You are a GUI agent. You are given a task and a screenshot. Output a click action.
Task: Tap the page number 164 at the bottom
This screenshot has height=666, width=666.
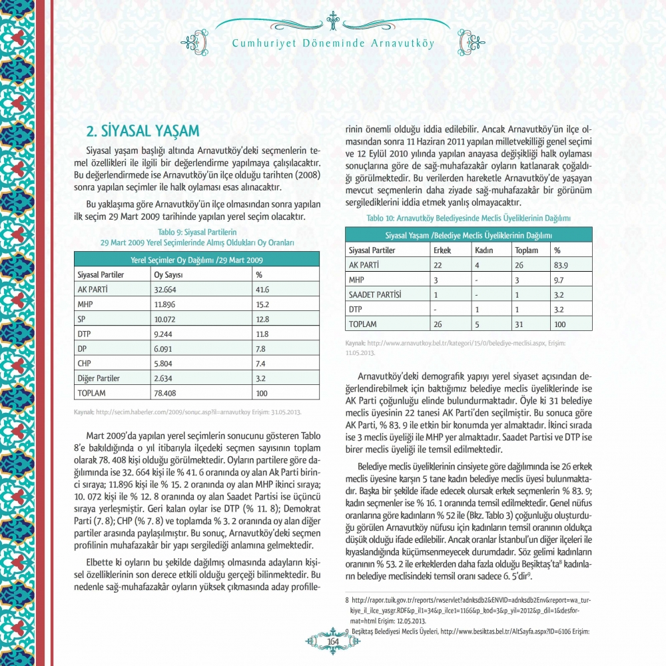tap(332, 641)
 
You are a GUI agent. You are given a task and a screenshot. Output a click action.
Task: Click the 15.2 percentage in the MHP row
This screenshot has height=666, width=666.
tap(262, 304)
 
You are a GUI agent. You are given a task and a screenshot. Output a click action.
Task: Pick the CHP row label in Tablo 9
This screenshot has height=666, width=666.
tap(85, 363)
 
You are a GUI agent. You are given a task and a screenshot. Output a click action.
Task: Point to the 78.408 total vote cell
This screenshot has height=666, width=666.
tap(166, 392)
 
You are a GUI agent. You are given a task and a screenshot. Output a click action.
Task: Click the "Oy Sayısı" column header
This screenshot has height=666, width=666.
tap(168, 274)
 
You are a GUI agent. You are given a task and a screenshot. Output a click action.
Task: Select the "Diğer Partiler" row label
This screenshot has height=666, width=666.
tap(99, 378)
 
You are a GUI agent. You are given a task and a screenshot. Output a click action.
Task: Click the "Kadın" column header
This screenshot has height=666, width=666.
tap(484, 250)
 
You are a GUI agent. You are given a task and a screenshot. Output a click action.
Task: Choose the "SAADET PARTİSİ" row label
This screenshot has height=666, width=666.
tap(376, 294)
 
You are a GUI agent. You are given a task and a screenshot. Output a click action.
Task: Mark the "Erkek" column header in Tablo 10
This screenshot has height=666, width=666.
tap(442, 250)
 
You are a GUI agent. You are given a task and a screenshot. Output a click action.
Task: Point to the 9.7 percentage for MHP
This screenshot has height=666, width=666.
tap(560, 280)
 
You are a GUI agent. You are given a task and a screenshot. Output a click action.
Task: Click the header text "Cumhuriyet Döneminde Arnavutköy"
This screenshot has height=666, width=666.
tap(333, 44)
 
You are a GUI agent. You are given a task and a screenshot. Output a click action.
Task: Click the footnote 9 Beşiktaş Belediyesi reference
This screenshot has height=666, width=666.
tap(466, 630)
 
